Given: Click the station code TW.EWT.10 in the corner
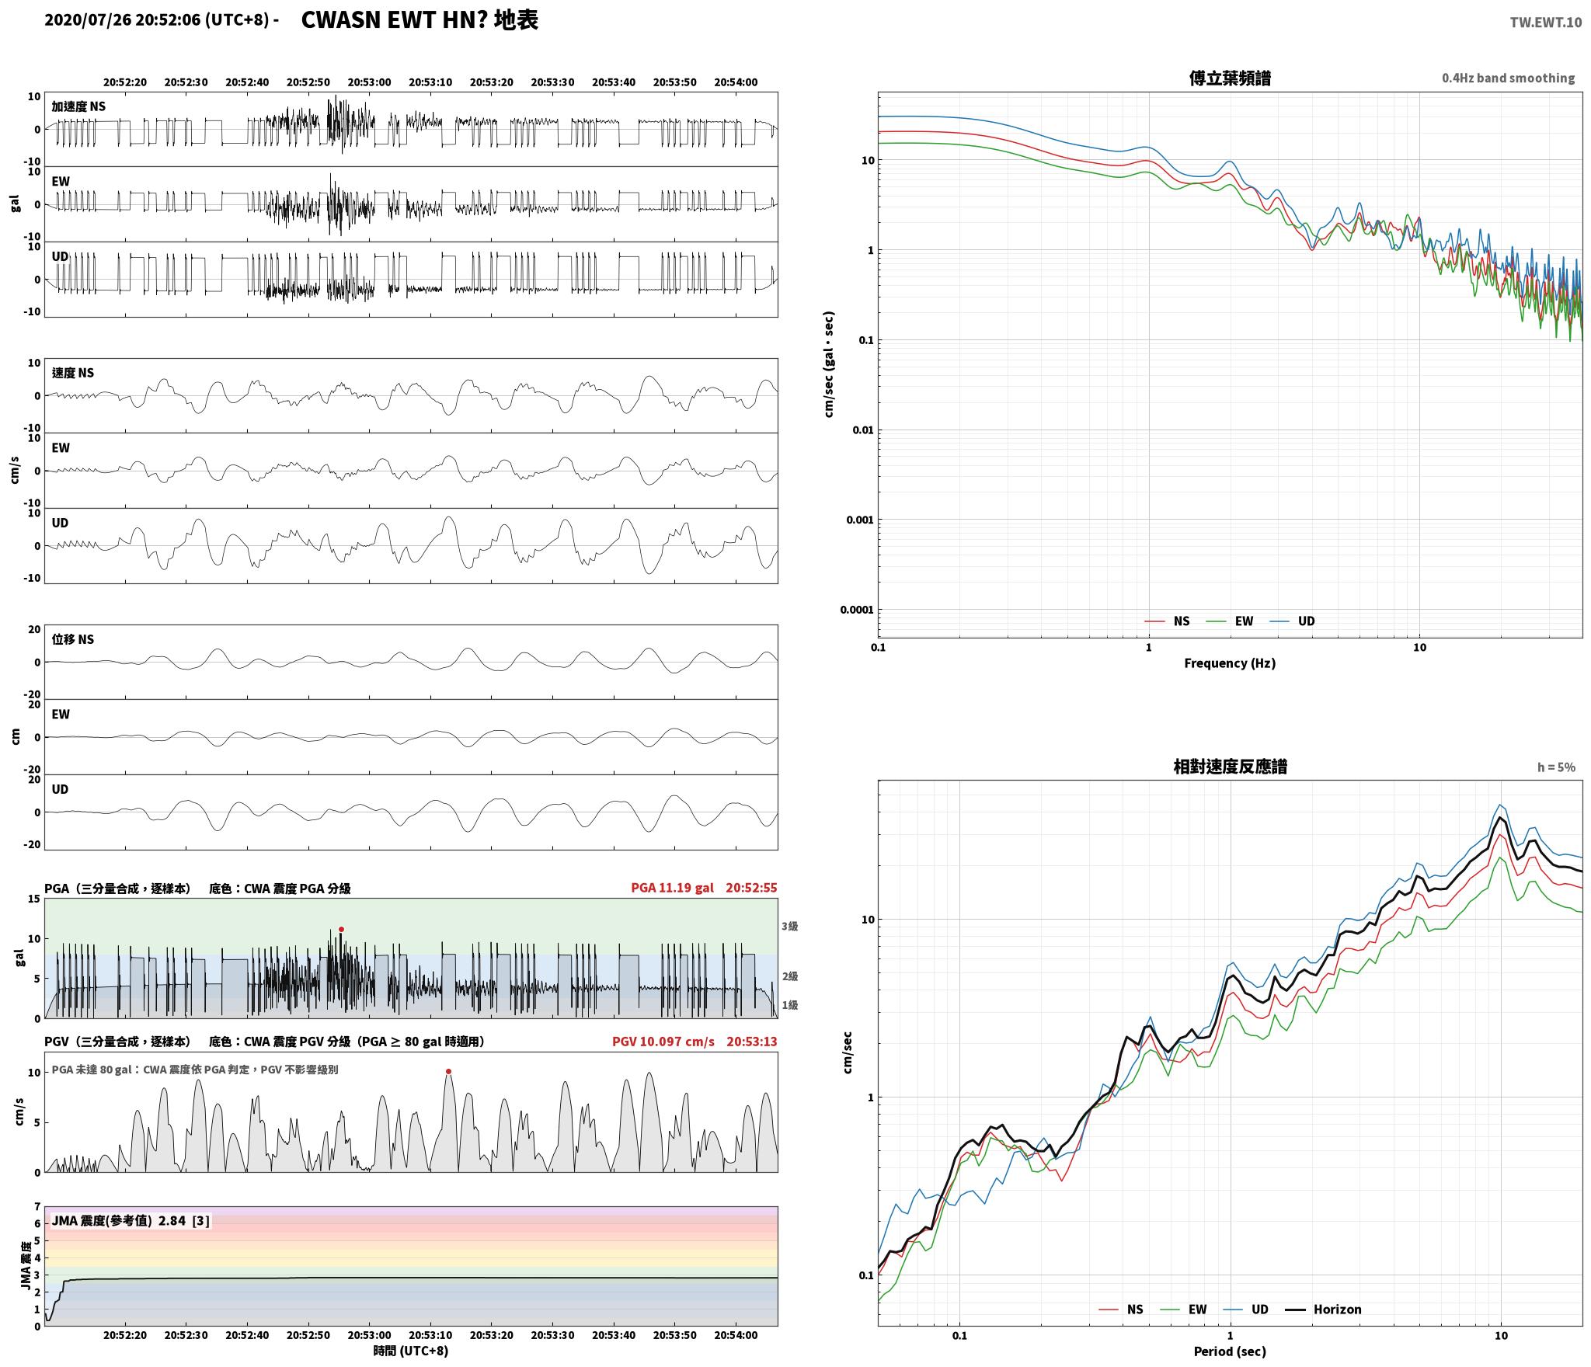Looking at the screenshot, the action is [x=1545, y=23].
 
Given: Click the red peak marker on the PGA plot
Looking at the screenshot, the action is [x=341, y=929].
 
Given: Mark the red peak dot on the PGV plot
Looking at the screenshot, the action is [x=448, y=1072].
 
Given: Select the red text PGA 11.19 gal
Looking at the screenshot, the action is [x=672, y=888].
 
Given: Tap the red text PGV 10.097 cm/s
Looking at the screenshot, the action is [x=663, y=1042].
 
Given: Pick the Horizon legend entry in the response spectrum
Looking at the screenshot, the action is [x=1324, y=1310].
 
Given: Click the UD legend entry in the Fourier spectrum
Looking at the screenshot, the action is [x=1293, y=621].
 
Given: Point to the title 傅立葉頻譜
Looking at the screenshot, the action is [x=1230, y=78].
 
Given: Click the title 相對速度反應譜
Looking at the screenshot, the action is [x=1230, y=767].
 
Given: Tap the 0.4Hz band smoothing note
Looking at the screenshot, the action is [x=1508, y=78].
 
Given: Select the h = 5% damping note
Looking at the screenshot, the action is [x=1556, y=767].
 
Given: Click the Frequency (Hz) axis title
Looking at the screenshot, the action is [x=1230, y=663].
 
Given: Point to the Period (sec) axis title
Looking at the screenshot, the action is [x=1230, y=1351].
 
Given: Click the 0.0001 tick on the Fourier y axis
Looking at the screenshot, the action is [x=856, y=610].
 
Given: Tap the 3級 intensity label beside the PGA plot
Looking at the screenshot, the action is [x=790, y=927].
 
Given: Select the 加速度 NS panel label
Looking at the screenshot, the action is [x=79, y=106].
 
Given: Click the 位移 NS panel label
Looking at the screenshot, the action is [x=73, y=639].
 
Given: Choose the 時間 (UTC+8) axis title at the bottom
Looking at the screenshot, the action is [x=411, y=1351].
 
